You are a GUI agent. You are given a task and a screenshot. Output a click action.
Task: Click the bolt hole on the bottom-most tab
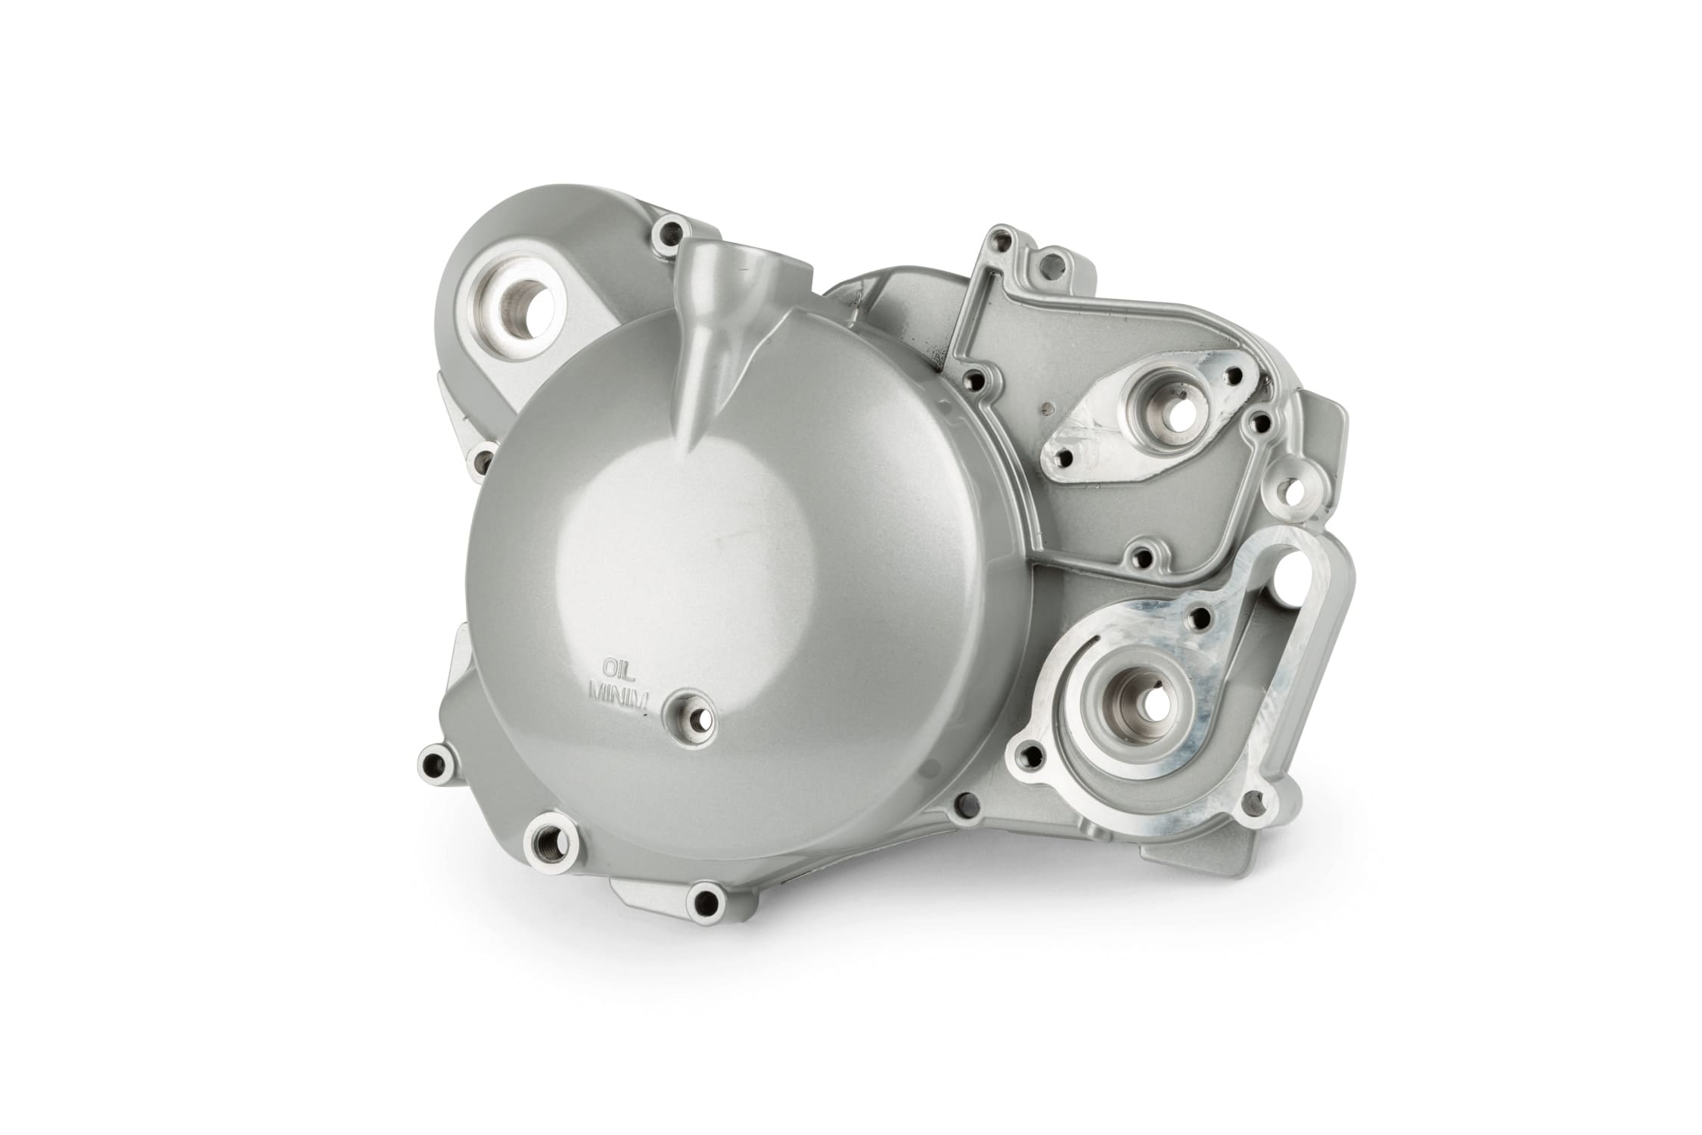coord(706,900)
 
